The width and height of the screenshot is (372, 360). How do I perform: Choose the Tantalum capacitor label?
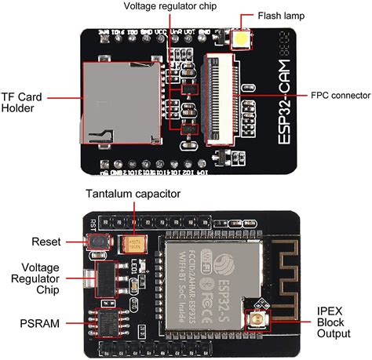[133, 193]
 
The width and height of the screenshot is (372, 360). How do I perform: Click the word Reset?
[46, 241]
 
